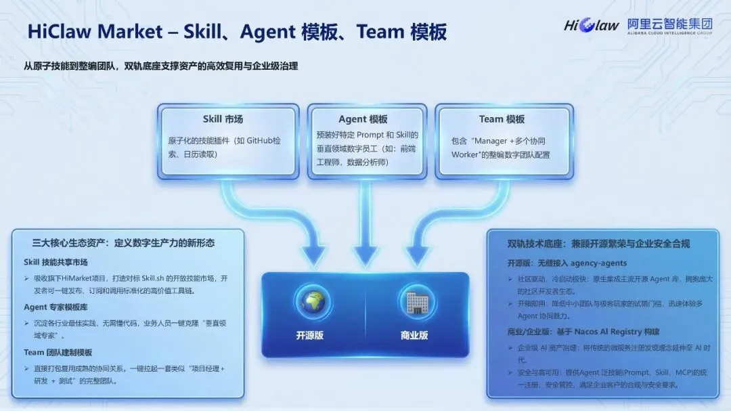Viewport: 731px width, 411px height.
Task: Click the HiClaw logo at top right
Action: pos(591,26)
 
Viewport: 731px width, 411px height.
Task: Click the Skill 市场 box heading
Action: pos(223,119)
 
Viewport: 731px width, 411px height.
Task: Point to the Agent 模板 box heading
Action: pos(363,119)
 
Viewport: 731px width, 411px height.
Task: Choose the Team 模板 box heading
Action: pos(502,119)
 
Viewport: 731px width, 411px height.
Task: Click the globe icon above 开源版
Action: pos(313,303)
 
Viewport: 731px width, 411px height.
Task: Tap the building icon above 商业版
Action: pos(414,303)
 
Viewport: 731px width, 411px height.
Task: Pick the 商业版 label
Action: pos(414,334)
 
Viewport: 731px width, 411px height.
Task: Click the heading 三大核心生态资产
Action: pos(129,242)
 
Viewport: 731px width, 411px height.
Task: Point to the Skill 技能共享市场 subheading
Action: pos(56,262)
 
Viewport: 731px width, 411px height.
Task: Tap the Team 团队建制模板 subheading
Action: pos(58,352)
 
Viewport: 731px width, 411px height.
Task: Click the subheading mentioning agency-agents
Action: pos(567,263)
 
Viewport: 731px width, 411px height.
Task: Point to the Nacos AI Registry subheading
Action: pos(583,332)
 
